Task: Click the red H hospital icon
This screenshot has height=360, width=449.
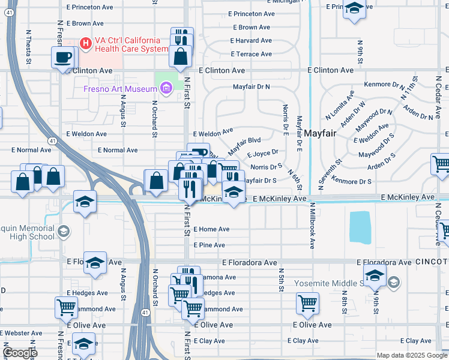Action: tap(85, 43)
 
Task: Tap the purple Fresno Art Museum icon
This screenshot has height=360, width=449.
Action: tap(166, 89)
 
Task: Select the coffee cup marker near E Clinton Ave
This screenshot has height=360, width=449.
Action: tap(63, 58)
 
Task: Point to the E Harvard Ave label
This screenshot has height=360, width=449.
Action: tap(251, 41)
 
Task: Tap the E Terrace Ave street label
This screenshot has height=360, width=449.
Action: tap(251, 54)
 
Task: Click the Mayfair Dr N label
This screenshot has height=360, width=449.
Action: tap(252, 86)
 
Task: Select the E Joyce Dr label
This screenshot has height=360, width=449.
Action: tap(262, 153)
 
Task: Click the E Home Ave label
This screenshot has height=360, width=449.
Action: tap(211, 229)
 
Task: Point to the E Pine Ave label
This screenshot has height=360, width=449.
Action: tap(209, 245)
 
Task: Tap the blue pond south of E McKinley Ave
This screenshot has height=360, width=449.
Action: tap(360, 227)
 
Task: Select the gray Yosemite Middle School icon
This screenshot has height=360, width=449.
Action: tap(394, 282)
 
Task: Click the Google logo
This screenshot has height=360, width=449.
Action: tap(20, 353)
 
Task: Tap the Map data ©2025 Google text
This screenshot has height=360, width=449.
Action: tap(411, 355)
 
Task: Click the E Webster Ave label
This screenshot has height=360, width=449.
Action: tap(21, 333)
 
